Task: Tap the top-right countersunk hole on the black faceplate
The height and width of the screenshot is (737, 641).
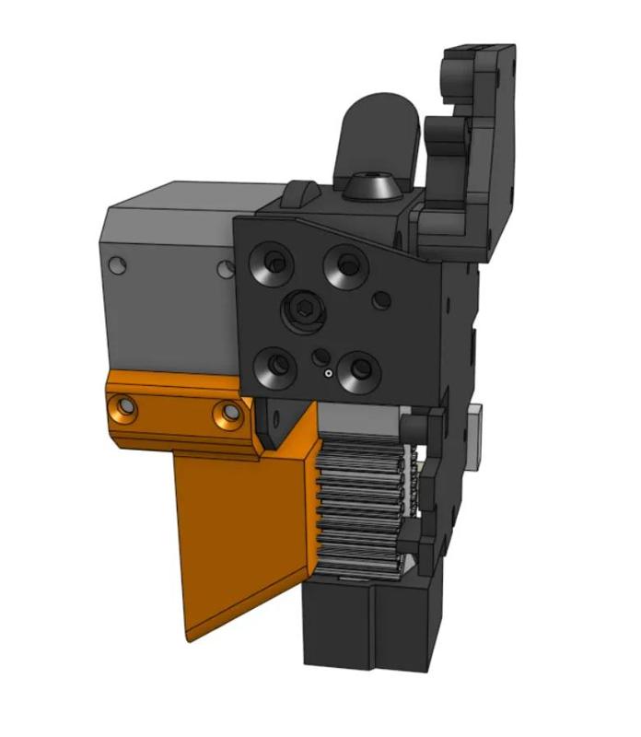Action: pyautogui.click(x=347, y=265)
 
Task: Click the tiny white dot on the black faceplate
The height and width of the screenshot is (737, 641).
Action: pyautogui.click(x=327, y=374)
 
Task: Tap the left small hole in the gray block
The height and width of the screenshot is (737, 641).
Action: pyautogui.click(x=116, y=265)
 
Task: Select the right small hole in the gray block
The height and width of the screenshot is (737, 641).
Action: pyautogui.click(x=225, y=268)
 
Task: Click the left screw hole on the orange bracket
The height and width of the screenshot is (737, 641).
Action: pyautogui.click(x=123, y=406)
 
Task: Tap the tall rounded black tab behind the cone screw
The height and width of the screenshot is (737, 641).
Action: pyautogui.click(x=378, y=129)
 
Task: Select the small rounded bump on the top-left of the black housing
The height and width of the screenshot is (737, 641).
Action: pyautogui.click(x=302, y=193)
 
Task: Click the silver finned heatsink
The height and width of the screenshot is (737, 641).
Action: pyautogui.click(x=364, y=507)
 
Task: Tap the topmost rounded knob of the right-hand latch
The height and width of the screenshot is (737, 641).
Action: pyautogui.click(x=457, y=72)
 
